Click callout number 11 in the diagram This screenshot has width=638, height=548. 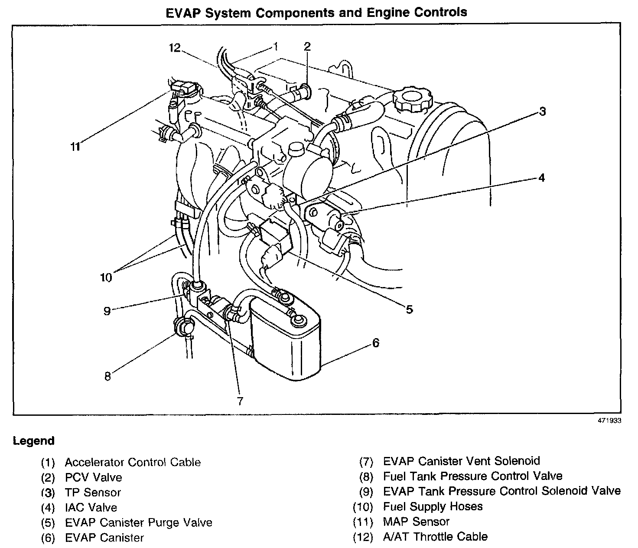point(76,147)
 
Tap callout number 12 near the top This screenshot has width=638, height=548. point(175,48)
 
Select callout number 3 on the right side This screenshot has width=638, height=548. point(542,112)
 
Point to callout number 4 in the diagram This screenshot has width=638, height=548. point(541,178)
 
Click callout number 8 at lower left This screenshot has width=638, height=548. point(107,376)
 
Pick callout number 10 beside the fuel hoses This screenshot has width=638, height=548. point(106,277)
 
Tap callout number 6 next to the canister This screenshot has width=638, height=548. point(375,343)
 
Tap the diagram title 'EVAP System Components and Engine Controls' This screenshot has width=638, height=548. point(317,12)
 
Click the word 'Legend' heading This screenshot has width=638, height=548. point(34,441)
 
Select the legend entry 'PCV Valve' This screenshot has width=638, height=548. point(93,477)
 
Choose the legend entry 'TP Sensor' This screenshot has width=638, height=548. point(93,493)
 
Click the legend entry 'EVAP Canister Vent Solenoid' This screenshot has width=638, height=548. point(462,461)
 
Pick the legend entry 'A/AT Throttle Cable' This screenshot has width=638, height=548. point(435,537)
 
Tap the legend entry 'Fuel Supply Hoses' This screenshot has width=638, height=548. point(433,506)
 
